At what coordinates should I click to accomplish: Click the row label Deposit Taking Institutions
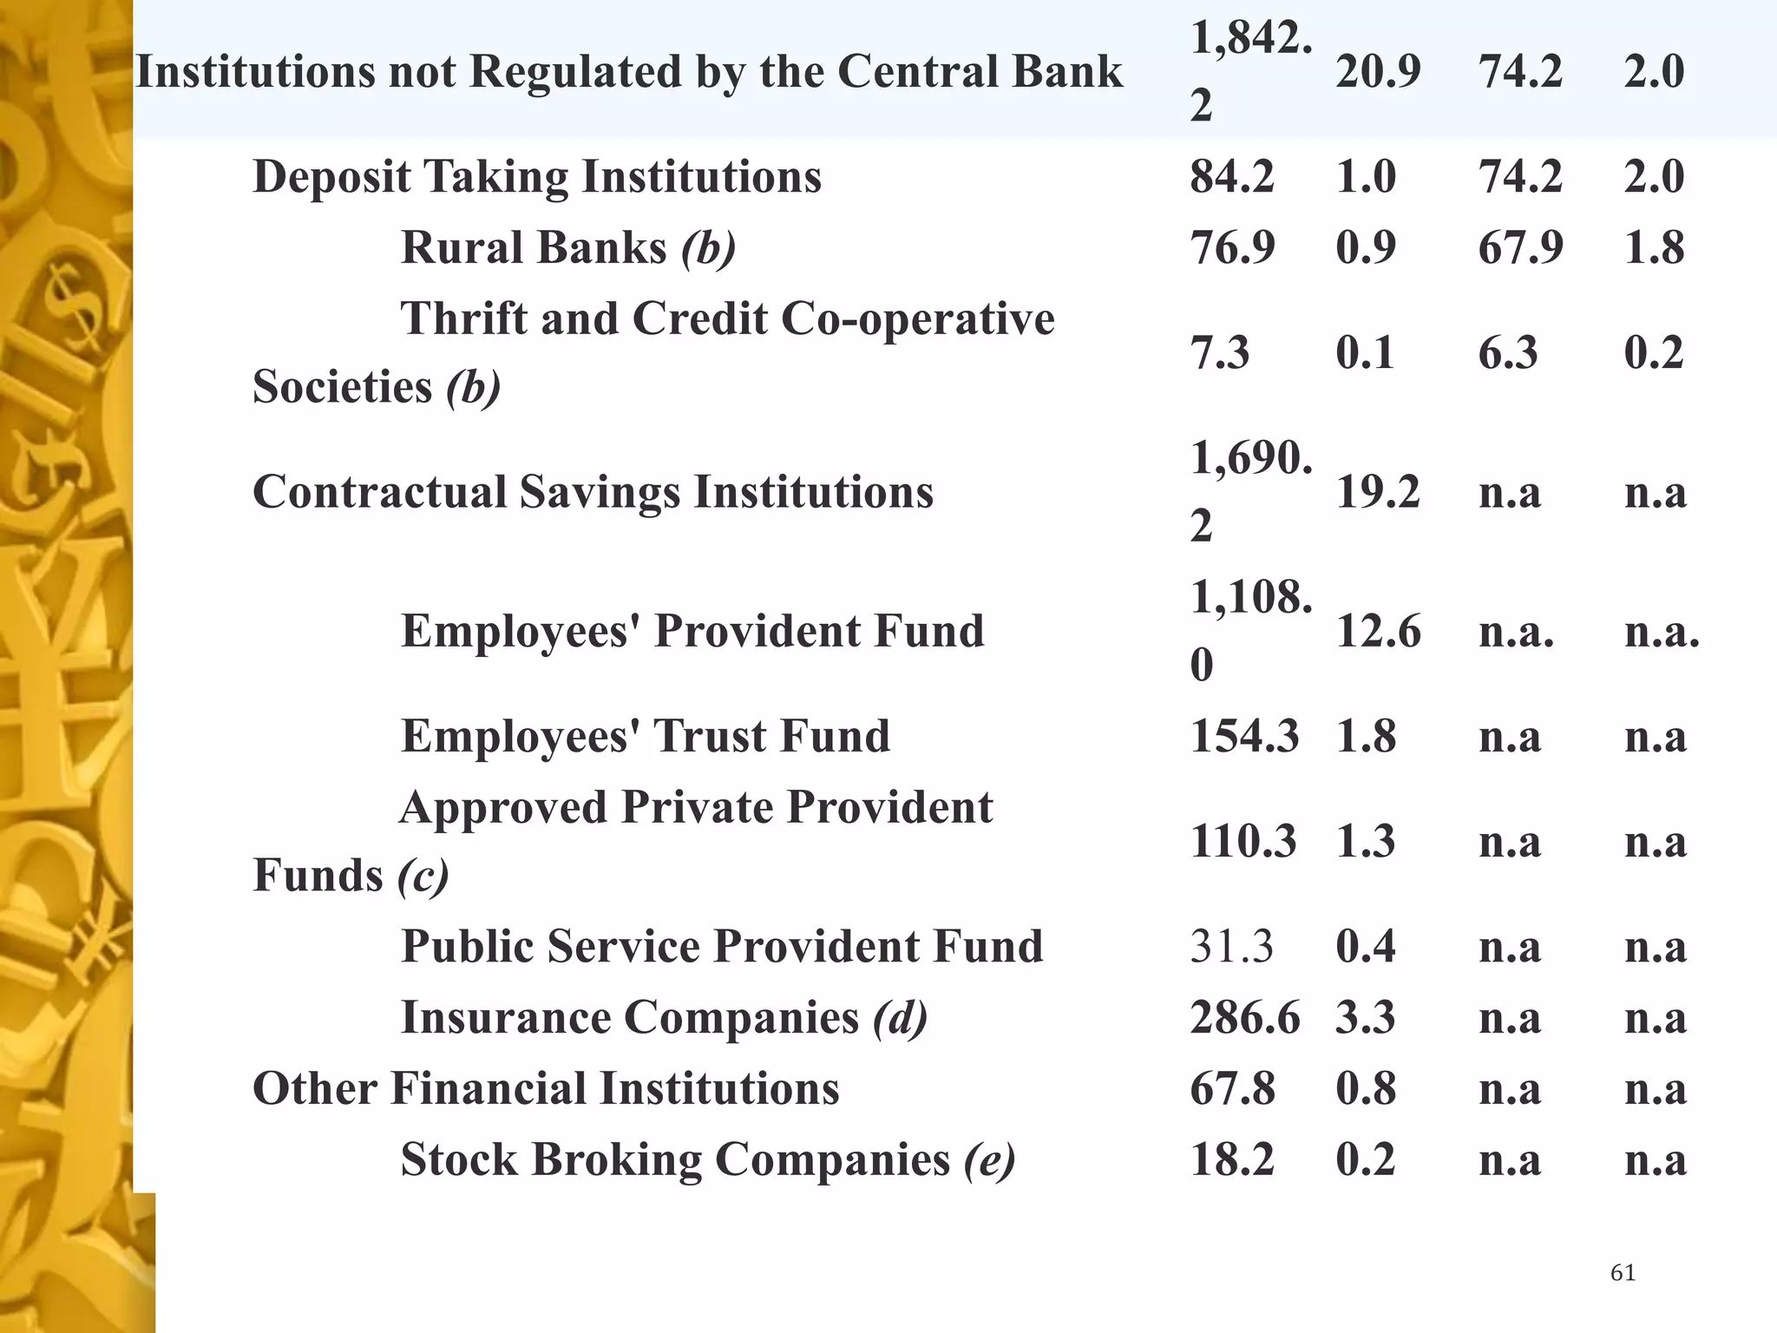click(x=536, y=177)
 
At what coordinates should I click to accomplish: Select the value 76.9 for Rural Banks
click(x=1232, y=248)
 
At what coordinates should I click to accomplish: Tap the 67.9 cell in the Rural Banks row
click(x=1520, y=248)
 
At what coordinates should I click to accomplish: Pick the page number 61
click(x=1623, y=1273)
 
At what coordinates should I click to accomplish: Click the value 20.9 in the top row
click(x=1378, y=72)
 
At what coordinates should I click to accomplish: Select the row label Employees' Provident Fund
click(x=692, y=632)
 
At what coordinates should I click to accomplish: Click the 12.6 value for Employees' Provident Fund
click(x=1378, y=632)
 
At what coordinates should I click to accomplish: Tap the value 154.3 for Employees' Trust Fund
click(x=1244, y=737)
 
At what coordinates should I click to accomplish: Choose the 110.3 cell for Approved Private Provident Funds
click(x=1243, y=842)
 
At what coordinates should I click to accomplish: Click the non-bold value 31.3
click(x=1231, y=947)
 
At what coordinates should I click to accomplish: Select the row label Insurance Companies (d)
click(x=664, y=1018)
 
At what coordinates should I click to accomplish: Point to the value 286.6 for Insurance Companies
click(x=1244, y=1018)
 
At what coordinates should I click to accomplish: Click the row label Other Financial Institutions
click(x=546, y=1089)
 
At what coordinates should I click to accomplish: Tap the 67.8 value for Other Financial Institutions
click(x=1232, y=1089)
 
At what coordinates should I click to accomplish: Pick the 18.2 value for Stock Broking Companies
click(x=1231, y=1160)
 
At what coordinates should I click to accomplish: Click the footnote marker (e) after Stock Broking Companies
click(x=989, y=1160)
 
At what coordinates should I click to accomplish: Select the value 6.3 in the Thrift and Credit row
click(x=1508, y=353)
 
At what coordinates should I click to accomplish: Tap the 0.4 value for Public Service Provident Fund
click(x=1365, y=947)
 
